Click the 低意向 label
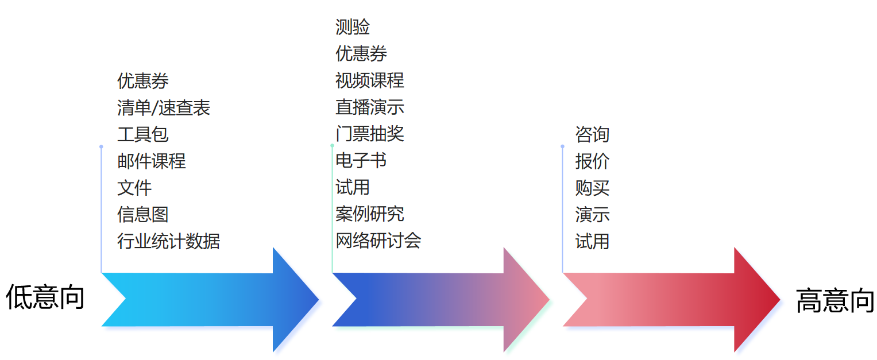(45, 297)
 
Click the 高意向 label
(834, 300)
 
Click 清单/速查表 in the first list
(164, 108)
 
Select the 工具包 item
(142, 135)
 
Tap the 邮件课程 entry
(151, 161)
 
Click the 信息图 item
(142, 215)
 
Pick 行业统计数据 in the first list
(168, 241)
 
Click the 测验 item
(352, 27)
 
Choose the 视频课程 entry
(369, 80)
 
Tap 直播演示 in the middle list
(369, 107)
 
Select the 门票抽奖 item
(369, 134)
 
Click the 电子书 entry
(361, 161)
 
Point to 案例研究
(369, 214)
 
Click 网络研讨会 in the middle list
(378, 241)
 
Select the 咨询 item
(592, 135)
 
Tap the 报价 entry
(592, 161)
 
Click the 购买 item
(592, 188)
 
